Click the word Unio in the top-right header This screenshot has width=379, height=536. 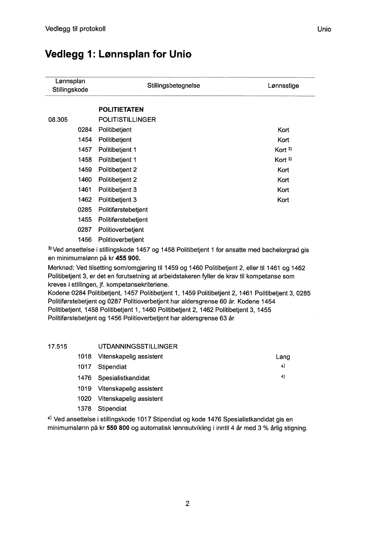(x=324, y=29)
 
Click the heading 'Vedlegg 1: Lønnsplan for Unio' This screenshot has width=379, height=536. (x=118, y=54)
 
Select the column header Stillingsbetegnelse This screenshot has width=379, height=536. (x=173, y=86)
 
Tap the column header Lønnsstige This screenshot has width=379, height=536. (x=283, y=86)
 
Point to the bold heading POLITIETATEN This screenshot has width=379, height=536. (x=121, y=110)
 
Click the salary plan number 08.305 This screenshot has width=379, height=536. (x=57, y=120)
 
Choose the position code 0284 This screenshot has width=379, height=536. (x=85, y=130)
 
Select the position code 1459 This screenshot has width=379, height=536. (x=85, y=170)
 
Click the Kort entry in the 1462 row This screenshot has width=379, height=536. (x=283, y=200)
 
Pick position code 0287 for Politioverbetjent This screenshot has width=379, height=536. (x=85, y=230)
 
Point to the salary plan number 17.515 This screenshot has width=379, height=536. (x=57, y=346)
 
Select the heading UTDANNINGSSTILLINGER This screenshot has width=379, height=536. (x=138, y=346)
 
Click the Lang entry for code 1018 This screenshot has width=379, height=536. (x=283, y=357)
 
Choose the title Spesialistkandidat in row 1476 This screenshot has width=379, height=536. (x=124, y=378)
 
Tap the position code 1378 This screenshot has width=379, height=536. (x=85, y=409)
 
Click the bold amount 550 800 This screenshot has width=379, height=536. (x=118, y=429)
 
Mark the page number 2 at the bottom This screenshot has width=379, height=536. (x=188, y=504)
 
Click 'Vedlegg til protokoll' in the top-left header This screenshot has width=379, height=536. (x=75, y=29)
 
